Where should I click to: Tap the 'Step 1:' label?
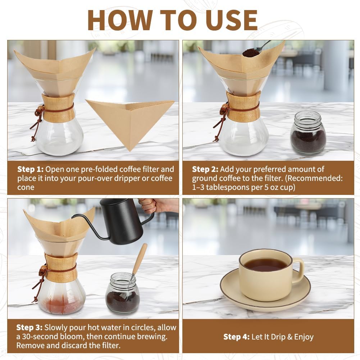point(31,169)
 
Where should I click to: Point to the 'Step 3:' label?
point(29,328)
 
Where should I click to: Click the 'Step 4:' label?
point(236,337)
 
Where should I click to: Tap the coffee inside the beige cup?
point(265,264)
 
